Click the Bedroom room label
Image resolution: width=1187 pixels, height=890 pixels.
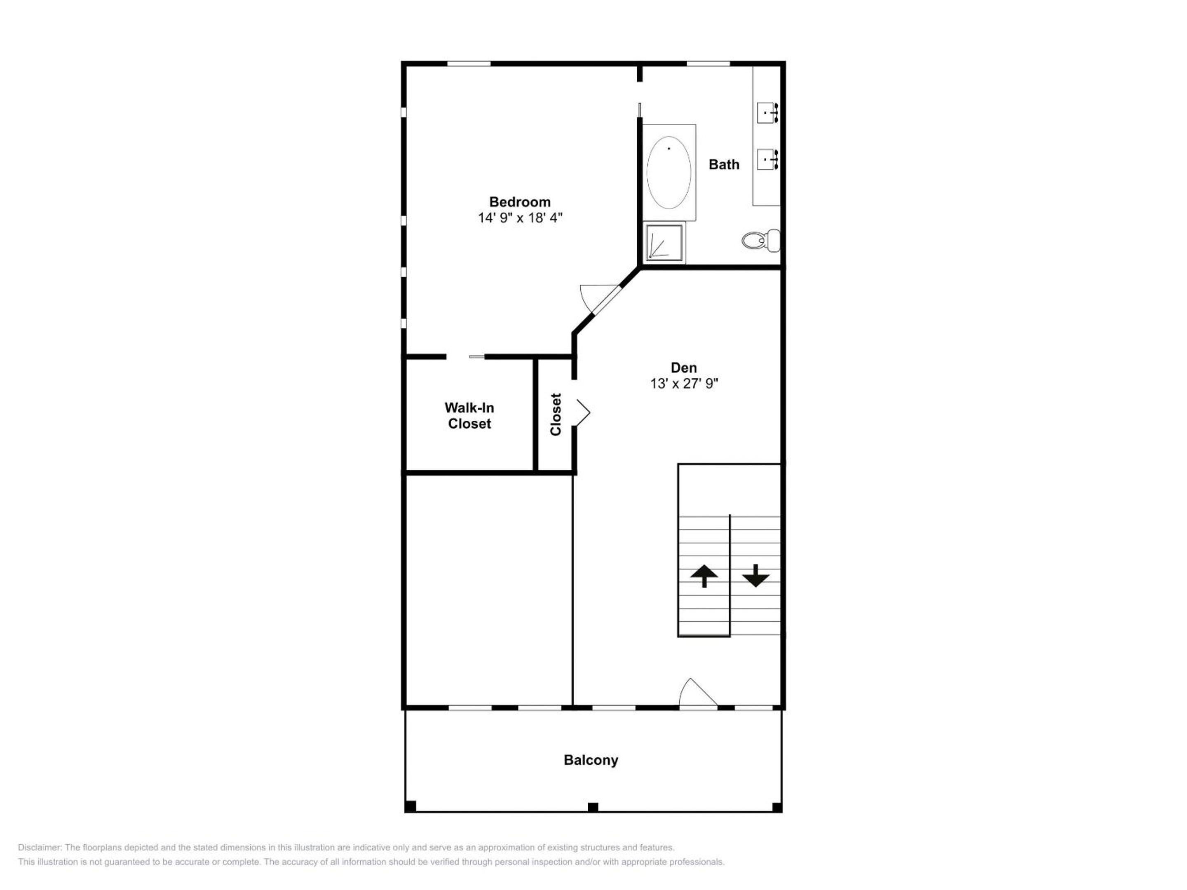[x=519, y=202]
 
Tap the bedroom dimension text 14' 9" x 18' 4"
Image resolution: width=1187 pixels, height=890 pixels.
[x=520, y=218]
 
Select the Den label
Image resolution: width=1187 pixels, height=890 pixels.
[x=684, y=368]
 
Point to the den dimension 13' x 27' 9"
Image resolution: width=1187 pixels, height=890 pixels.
[x=684, y=384]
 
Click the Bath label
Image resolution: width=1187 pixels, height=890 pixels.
[x=724, y=165]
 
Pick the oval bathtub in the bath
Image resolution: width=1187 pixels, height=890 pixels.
[x=669, y=172]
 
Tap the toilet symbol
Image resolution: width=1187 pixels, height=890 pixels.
[x=761, y=240]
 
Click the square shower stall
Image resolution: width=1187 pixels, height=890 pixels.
[x=664, y=242]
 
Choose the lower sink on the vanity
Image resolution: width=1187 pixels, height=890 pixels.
[x=768, y=159]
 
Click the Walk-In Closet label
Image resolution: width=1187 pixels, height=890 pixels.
[x=469, y=416]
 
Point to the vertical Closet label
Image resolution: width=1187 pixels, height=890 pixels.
[x=556, y=415]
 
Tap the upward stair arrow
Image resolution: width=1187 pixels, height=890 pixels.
[x=704, y=576]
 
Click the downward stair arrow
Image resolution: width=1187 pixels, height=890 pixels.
[x=756, y=576]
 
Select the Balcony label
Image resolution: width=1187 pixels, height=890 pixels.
[x=591, y=760]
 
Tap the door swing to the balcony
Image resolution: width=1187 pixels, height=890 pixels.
[x=698, y=693]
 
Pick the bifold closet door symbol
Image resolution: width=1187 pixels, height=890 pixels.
[x=583, y=412]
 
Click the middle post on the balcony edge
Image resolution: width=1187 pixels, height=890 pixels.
[x=593, y=807]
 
